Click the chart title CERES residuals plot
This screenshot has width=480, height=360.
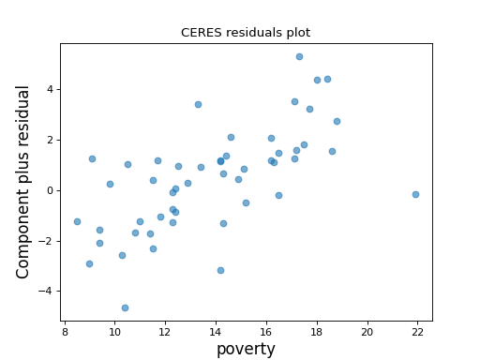tap(246, 33)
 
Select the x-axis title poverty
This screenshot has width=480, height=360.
tap(246, 349)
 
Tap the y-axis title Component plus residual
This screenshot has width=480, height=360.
tap(24, 182)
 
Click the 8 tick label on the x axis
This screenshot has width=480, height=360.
tap(64, 331)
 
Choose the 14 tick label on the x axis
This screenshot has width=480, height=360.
tap(216, 331)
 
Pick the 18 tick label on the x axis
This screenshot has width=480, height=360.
tap(317, 331)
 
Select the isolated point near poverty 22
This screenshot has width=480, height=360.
tap(415, 194)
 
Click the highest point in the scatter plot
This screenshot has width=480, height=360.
tap(299, 56)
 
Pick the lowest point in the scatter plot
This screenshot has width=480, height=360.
tap(125, 307)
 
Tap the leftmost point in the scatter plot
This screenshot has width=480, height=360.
tap(77, 221)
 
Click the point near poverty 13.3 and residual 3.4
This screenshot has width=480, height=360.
tap(198, 104)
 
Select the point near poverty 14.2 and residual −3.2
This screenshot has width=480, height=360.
tap(220, 270)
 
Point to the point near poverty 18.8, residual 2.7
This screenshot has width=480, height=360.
tap(337, 121)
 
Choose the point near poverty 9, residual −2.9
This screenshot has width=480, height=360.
tap(89, 263)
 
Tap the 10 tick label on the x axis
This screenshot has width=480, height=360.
tap(114, 331)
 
